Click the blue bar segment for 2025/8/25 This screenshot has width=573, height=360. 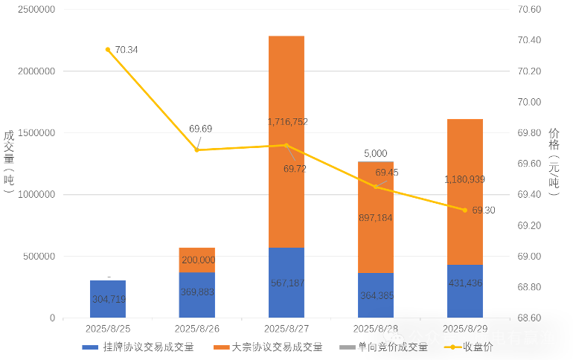(x=108, y=299)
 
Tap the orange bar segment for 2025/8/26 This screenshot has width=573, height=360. (x=197, y=260)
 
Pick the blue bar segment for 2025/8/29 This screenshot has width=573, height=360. (x=465, y=292)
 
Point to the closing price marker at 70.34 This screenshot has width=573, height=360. (x=108, y=50)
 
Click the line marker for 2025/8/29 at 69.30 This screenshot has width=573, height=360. (x=465, y=210)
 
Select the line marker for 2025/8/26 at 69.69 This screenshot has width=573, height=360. (x=197, y=150)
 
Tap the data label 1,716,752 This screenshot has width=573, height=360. (x=287, y=121)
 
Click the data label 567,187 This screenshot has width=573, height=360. (x=286, y=283)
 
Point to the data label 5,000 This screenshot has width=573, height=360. (x=375, y=154)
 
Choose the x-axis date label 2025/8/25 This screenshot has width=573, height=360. (x=108, y=328)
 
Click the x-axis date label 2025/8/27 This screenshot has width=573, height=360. (x=286, y=328)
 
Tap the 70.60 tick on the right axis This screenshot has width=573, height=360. (x=529, y=10)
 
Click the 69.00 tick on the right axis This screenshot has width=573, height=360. (x=529, y=257)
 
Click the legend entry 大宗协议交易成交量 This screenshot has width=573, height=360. (x=268, y=347)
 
